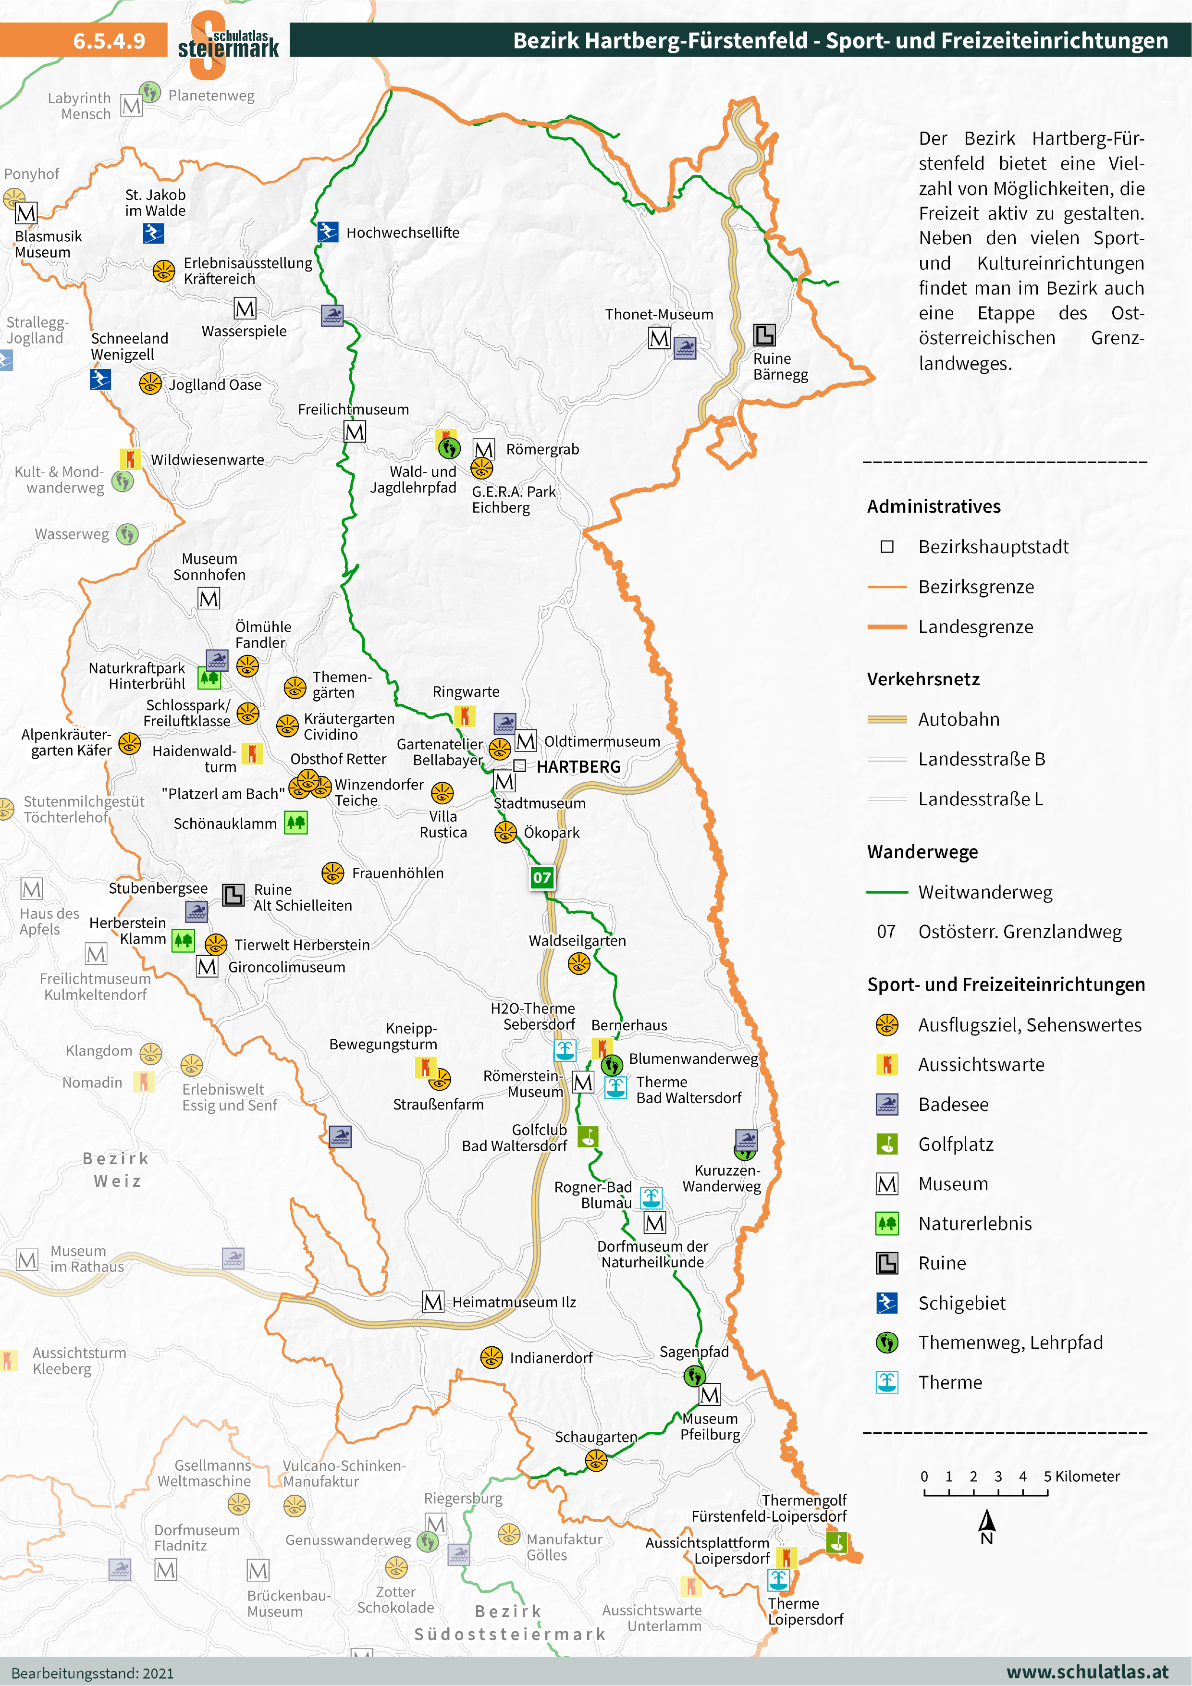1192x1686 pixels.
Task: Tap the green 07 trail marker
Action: (541, 877)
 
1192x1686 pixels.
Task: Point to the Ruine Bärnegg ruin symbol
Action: (764, 335)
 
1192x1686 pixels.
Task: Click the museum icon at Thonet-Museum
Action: (659, 339)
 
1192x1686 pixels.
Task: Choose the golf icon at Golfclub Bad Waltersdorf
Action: (588, 1137)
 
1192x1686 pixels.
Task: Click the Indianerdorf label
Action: (551, 1358)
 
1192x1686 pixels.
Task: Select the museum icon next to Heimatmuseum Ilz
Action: (433, 1302)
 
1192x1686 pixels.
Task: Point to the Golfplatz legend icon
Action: (887, 1144)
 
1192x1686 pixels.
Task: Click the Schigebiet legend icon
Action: (887, 1303)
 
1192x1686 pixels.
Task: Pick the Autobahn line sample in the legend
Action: (887, 720)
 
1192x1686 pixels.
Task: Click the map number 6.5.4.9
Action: (110, 40)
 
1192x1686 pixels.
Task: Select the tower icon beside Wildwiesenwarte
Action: (130, 459)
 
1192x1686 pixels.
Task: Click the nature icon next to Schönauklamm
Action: (296, 823)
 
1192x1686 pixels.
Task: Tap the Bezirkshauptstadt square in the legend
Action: (887, 547)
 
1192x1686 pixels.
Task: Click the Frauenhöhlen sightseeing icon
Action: (332, 873)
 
